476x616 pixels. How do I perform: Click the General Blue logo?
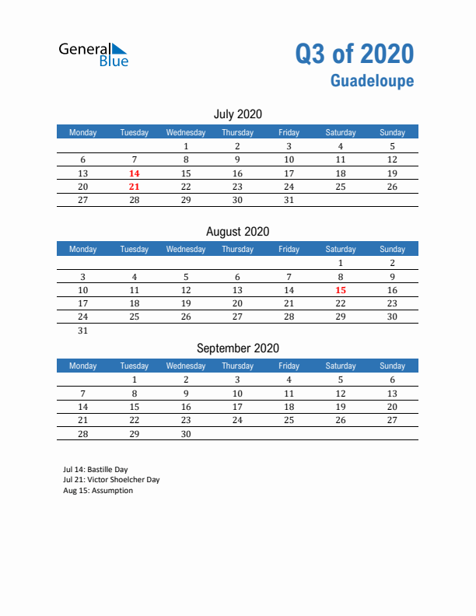click(93, 54)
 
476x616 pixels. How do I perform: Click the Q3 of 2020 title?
click(354, 54)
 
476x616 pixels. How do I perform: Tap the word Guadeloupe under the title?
click(372, 81)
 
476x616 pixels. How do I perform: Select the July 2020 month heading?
click(237, 114)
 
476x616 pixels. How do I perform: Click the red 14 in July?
click(135, 173)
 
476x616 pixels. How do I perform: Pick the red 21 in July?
click(135, 187)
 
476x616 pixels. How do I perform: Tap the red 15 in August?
click(340, 290)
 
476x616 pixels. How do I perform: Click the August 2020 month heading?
click(237, 231)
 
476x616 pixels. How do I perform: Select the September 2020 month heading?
click(237, 348)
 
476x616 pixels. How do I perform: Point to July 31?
click(289, 200)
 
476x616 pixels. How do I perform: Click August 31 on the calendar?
click(83, 331)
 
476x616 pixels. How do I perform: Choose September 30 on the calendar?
click(186, 434)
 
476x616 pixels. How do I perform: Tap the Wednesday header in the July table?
click(186, 132)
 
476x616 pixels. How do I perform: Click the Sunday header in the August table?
click(392, 249)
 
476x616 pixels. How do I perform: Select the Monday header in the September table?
click(83, 366)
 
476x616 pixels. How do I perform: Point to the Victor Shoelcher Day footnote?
click(111, 480)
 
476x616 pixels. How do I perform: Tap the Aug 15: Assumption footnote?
click(98, 491)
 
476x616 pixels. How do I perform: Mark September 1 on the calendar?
click(135, 380)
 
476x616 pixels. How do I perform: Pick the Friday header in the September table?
click(289, 366)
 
